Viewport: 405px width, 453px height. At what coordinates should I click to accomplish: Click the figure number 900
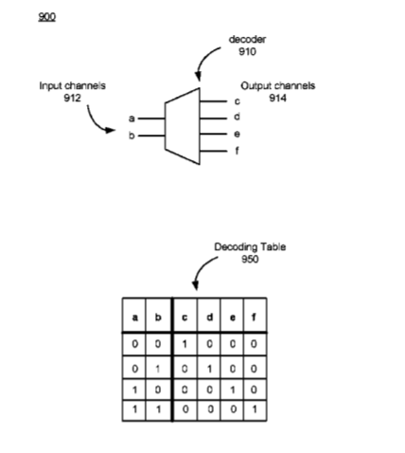(x=46, y=17)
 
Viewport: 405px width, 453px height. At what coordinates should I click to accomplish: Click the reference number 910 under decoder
(x=247, y=51)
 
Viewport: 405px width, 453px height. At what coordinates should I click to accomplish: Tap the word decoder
(x=247, y=40)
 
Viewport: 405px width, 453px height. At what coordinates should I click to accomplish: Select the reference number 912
(x=72, y=98)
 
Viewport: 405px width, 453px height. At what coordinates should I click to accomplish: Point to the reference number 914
(x=277, y=99)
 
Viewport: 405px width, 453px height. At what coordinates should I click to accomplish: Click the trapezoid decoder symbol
(x=183, y=126)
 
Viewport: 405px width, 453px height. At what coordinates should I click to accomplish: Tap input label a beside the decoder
(x=132, y=118)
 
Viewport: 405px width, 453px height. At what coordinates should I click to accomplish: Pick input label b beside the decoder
(x=132, y=136)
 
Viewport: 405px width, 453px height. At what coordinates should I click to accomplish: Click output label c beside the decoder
(x=237, y=101)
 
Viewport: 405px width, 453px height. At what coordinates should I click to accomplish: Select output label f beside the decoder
(x=237, y=151)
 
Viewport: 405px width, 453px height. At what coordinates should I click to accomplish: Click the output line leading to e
(x=214, y=135)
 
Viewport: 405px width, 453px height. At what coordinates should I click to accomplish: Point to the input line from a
(x=151, y=118)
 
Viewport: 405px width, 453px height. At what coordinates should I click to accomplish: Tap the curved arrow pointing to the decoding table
(x=202, y=270)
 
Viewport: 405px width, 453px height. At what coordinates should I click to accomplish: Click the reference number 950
(x=250, y=259)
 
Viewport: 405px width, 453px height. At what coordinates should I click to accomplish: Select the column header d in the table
(x=209, y=317)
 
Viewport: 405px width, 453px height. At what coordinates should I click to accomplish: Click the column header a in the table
(x=134, y=317)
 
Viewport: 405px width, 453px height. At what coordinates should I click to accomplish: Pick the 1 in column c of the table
(x=185, y=344)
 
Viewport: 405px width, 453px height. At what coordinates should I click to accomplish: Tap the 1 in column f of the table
(x=255, y=409)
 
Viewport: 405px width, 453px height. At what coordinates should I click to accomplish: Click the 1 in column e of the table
(x=233, y=390)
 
